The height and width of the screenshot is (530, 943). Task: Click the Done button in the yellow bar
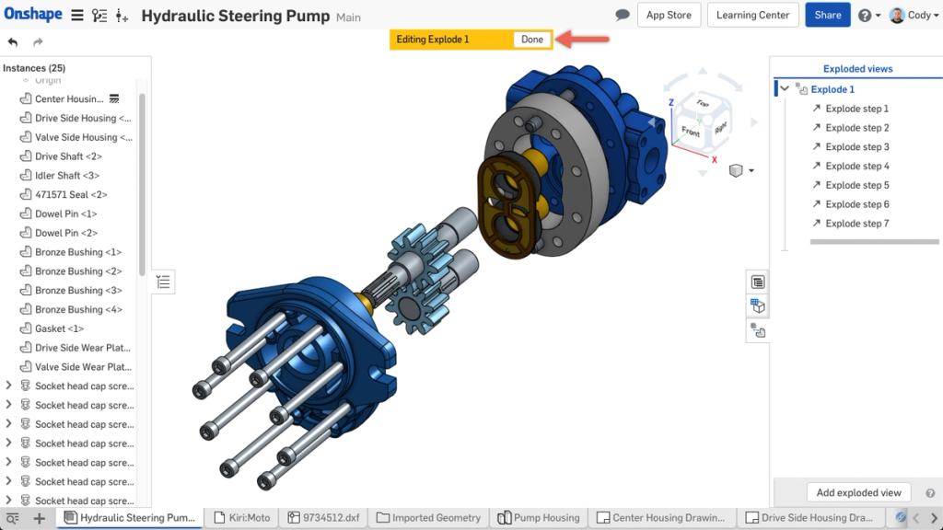(x=532, y=40)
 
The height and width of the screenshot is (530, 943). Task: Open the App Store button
(x=669, y=15)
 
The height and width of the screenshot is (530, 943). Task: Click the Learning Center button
(x=752, y=15)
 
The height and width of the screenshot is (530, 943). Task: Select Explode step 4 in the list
(x=856, y=167)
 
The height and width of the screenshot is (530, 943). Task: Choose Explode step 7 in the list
(x=856, y=224)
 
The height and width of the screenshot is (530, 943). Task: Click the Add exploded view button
(x=858, y=492)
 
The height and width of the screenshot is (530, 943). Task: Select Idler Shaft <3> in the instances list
(x=66, y=176)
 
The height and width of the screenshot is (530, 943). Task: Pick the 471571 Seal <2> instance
(x=70, y=195)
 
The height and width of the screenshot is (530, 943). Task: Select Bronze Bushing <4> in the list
(x=77, y=309)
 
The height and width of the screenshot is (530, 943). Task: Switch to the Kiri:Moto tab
(x=242, y=518)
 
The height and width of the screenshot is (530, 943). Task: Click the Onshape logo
(x=32, y=15)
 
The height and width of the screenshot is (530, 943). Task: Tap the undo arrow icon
(x=13, y=42)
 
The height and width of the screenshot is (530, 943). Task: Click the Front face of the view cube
(x=691, y=132)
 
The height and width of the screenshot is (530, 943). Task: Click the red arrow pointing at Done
(x=584, y=40)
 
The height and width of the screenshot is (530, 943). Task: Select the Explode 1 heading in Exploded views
(x=832, y=89)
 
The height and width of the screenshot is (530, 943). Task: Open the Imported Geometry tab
(x=429, y=518)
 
